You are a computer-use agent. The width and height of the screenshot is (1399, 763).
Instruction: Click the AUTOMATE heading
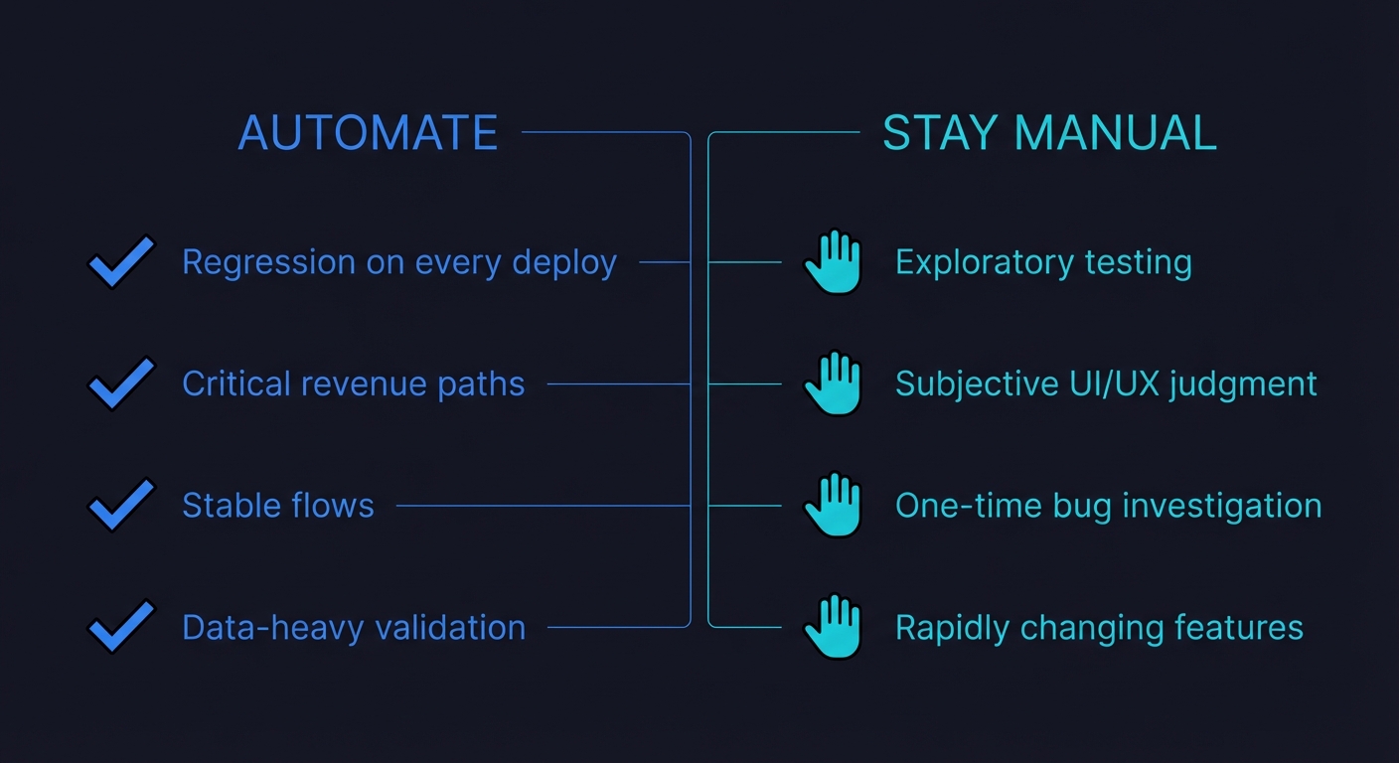pyautogui.click(x=368, y=133)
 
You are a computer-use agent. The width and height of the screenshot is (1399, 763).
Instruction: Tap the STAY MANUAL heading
pyautogui.click(x=1049, y=133)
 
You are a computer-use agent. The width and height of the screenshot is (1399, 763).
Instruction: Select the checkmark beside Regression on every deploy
pyautogui.click(x=121, y=261)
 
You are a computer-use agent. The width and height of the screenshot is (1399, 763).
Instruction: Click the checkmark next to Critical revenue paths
pyautogui.click(x=121, y=383)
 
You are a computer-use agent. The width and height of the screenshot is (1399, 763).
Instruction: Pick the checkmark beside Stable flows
pyautogui.click(x=121, y=505)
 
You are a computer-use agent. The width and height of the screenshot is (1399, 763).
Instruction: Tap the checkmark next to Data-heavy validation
pyautogui.click(x=121, y=627)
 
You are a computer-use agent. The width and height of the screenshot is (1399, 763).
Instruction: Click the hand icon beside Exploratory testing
pyautogui.click(x=833, y=261)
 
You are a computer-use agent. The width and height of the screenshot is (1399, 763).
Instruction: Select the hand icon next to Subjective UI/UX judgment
pyautogui.click(x=833, y=383)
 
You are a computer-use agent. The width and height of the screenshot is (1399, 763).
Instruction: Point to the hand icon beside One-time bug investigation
pyautogui.click(x=833, y=505)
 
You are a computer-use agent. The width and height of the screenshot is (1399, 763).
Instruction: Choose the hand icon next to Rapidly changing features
pyautogui.click(x=833, y=627)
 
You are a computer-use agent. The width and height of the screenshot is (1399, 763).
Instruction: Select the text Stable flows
pyautogui.click(x=278, y=506)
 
